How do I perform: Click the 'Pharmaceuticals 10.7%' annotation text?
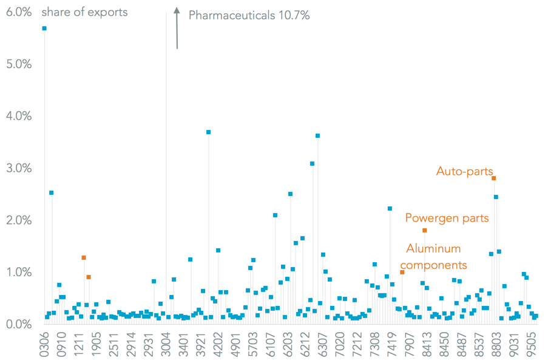[x=249, y=15]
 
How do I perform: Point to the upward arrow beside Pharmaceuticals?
[x=177, y=27]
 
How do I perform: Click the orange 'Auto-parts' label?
[x=464, y=171]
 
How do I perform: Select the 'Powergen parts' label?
[x=447, y=217]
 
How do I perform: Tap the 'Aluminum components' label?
[x=433, y=256]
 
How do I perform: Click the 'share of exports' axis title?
[x=84, y=12]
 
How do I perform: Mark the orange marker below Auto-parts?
[x=494, y=178]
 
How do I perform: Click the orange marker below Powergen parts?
[x=425, y=230]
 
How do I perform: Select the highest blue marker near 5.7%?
[x=44, y=29]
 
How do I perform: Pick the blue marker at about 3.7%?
[x=208, y=132]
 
